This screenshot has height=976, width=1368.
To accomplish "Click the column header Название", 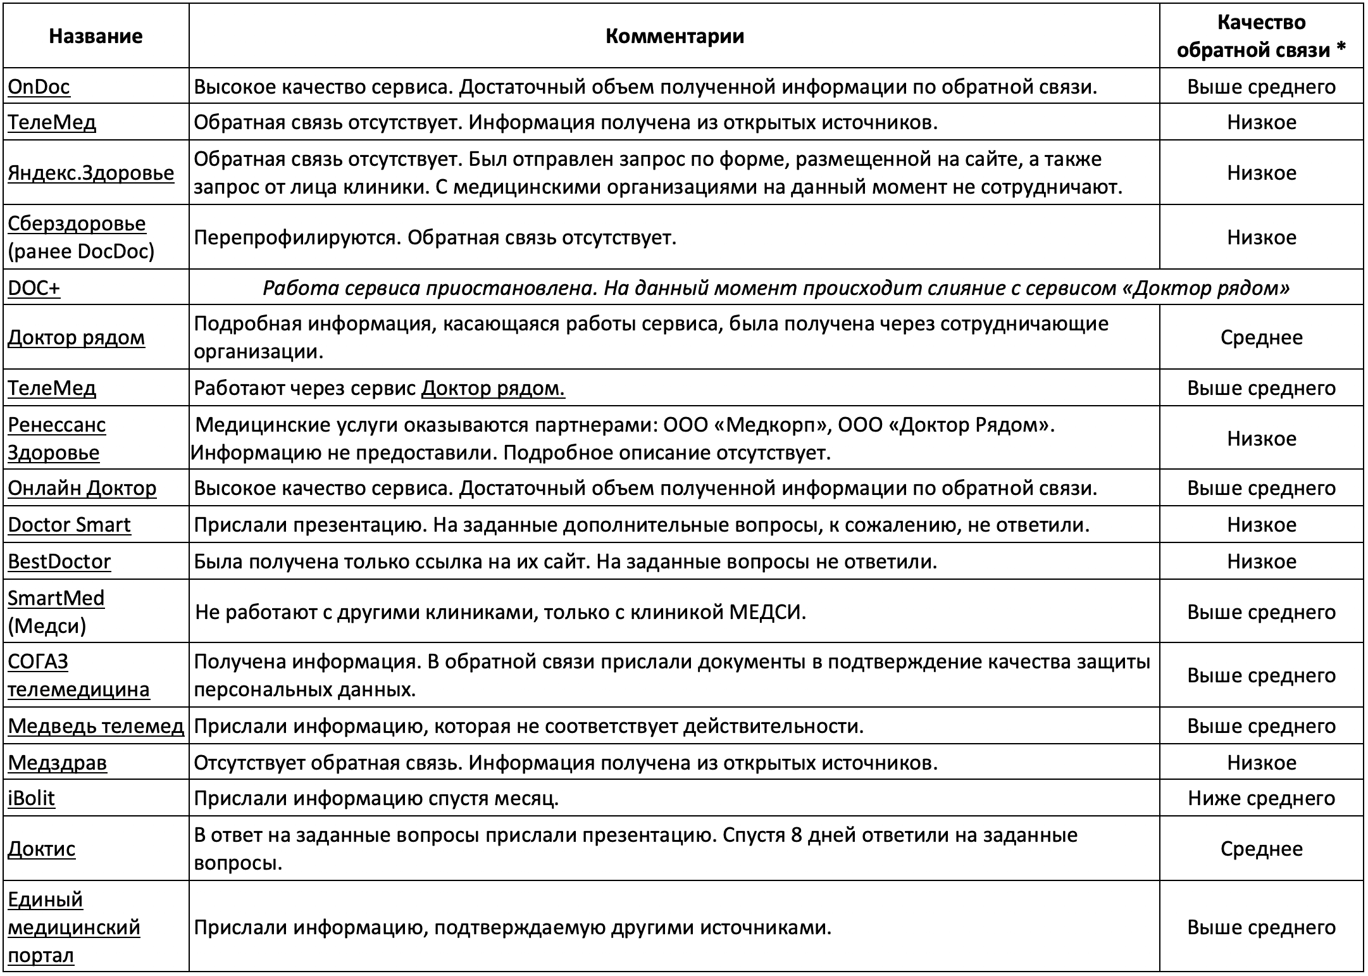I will [96, 36].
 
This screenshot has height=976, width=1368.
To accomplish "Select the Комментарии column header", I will [675, 36].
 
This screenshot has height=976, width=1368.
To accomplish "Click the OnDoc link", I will [39, 87].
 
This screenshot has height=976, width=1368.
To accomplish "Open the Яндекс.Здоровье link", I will [90, 173].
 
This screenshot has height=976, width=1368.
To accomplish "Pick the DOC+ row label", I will [34, 288].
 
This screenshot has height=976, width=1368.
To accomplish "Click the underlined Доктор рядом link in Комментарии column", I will [493, 388].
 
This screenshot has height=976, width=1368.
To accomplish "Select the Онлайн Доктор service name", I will [82, 488].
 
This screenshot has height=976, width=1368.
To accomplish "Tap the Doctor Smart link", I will [69, 525].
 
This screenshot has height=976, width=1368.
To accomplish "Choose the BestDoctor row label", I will [59, 561].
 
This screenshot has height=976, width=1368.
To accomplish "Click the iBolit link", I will [31, 798].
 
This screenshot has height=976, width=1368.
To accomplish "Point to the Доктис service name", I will [41, 849].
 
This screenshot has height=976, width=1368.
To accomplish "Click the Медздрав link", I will [57, 763].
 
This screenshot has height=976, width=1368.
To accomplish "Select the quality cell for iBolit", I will [1261, 798].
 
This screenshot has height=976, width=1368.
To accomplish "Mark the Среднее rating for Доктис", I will [1261, 849].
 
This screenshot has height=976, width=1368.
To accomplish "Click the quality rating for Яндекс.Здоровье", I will [1261, 173].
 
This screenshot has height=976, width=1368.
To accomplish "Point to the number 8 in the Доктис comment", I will [797, 835].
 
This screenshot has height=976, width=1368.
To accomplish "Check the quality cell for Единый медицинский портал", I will [1261, 927].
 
